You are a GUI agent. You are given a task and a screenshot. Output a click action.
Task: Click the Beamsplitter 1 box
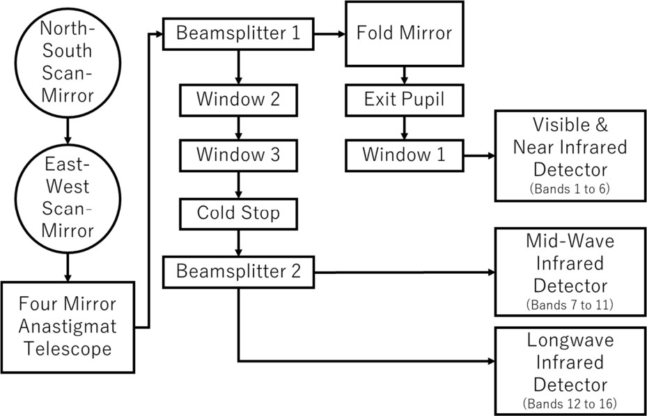[x=238, y=33]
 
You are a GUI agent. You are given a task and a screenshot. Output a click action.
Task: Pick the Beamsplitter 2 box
[x=238, y=271]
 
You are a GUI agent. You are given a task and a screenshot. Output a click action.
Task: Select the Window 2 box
[x=238, y=100]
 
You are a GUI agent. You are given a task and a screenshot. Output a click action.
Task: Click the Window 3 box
[x=238, y=155]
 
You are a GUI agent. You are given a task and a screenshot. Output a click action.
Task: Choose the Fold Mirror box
[x=404, y=33]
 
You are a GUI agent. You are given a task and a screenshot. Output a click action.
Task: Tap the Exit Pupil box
[x=404, y=100]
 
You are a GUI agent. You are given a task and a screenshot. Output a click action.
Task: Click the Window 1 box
[x=404, y=155]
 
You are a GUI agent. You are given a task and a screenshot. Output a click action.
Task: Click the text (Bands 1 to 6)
[x=570, y=189]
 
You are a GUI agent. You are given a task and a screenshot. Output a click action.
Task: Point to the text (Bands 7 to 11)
[x=570, y=305]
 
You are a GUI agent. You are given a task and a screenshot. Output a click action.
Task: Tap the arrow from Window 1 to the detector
[x=479, y=155]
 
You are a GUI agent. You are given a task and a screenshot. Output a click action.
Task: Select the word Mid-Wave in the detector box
[x=570, y=244]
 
